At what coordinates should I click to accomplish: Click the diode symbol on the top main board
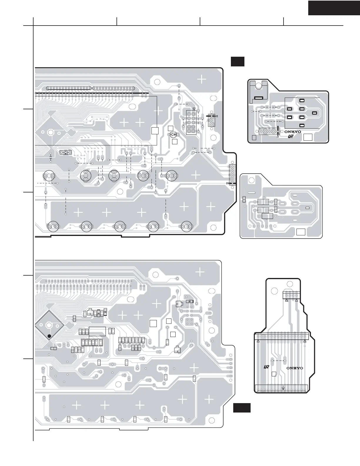[x=173, y=135]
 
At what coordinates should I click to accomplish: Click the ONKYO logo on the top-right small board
[x=293, y=132]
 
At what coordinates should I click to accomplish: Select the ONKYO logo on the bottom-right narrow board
[x=294, y=368]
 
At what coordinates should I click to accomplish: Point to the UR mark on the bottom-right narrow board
[x=267, y=367]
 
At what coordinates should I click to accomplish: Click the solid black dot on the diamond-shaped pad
[x=49, y=336]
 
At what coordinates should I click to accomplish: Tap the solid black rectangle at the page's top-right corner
[x=334, y=8]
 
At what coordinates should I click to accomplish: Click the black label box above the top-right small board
[x=237, y=62]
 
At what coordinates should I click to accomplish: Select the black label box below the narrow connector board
[x=242, y=408]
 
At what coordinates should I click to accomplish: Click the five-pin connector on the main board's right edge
[x=232, y=175]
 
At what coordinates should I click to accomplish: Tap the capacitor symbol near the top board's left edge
[x=51, y=159]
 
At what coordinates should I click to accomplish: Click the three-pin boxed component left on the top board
[x=66, y=152]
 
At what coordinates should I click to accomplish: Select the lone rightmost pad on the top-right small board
[x=314, y=113]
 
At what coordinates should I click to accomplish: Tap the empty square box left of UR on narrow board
[x=274, y=374]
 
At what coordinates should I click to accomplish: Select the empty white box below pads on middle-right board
[x=301, y=232]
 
